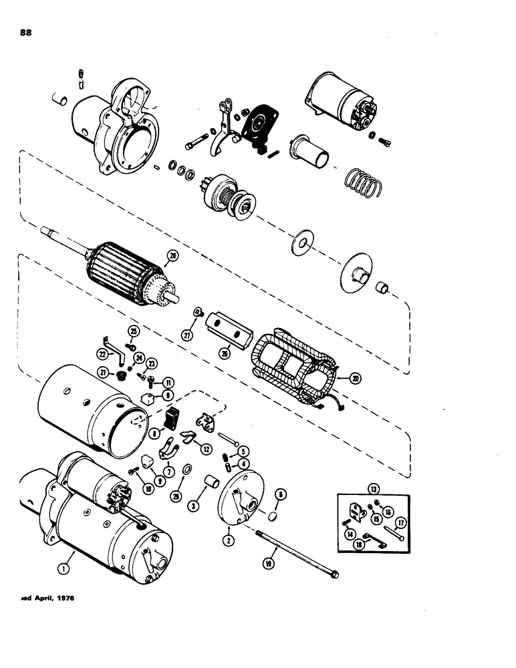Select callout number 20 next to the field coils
tap(356, 378)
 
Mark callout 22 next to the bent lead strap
tap(103, 353)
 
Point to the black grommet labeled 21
tap(122, 377)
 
